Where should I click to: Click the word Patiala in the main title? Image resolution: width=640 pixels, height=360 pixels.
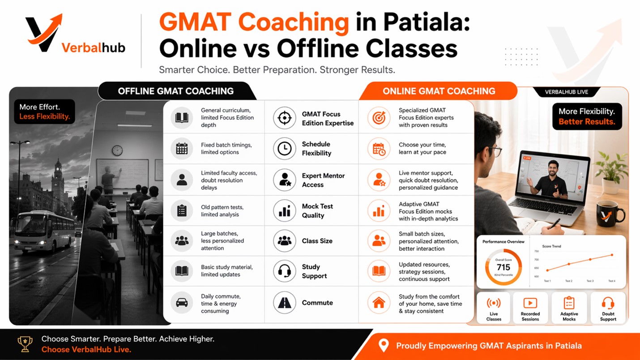(x=427, y=22)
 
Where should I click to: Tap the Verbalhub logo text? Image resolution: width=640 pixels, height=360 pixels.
(x=94, y=47)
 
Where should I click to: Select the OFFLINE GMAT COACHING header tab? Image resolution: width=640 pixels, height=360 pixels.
(x=176, y=91)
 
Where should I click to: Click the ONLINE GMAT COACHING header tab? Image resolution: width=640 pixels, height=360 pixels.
(x=439, y=91)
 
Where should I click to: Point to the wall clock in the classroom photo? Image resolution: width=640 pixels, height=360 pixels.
(x=117, y=150)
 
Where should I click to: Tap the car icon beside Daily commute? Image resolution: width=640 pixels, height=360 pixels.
(x=182, y=303)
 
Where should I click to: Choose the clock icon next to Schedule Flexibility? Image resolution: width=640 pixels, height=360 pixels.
(x=284, y=149)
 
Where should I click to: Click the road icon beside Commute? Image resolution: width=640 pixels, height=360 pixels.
(x=284, y=303)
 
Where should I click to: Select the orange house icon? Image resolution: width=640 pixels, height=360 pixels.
(x=379, y=303)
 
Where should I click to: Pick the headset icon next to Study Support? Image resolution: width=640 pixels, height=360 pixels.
(x=284, y=271)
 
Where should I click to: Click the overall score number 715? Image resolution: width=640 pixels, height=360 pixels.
(x=503, y=267)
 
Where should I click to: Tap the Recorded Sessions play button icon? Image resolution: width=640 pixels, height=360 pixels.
(x=530, y=303)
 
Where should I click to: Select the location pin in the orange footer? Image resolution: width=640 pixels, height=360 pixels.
(x=384, y=346)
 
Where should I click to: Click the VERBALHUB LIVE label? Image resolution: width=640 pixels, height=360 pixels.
(x=566, y=92)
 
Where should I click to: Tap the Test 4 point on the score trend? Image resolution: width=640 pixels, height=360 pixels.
(x=612, y=255)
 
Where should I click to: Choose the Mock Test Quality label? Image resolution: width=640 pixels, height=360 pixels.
(x=317, y=211)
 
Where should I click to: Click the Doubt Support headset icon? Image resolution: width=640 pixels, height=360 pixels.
(x=608, y=303)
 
